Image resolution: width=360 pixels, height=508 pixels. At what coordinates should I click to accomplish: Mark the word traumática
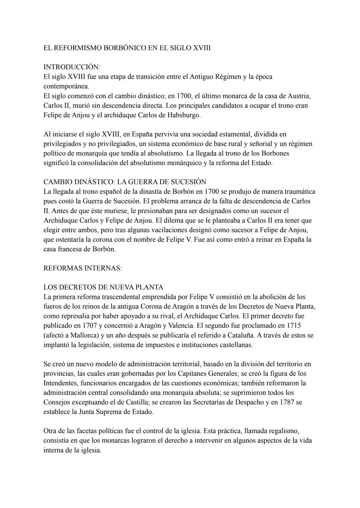(x=296, y=192)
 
